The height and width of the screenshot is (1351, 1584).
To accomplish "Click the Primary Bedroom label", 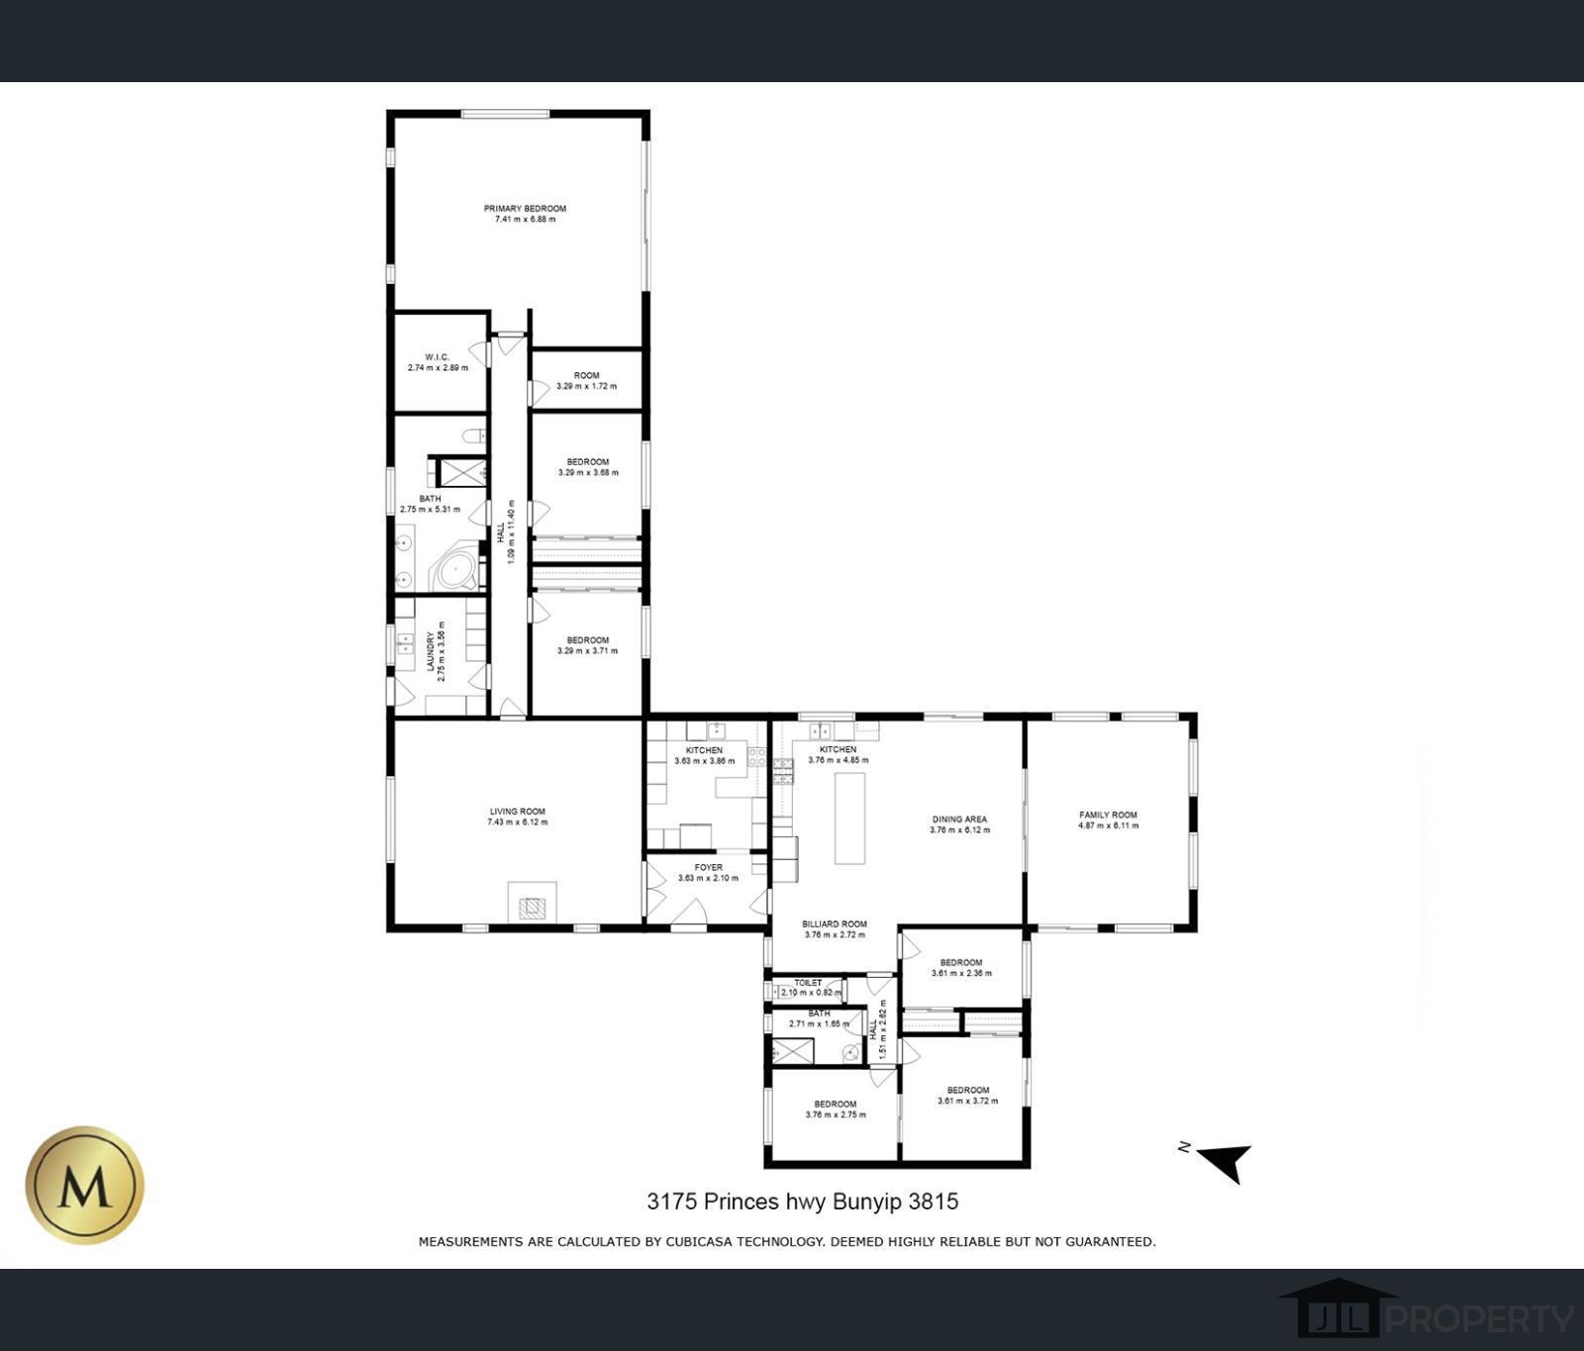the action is coord(525,209).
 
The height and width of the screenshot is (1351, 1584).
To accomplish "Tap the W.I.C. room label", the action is coord(438,357).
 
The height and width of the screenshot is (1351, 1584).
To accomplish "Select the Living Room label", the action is coord(517,812).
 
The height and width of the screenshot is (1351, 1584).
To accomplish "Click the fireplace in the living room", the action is coord(533,903).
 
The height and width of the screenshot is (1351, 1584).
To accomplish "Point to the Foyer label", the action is coord(708,868).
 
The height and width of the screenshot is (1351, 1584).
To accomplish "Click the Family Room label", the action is coord(1108,816).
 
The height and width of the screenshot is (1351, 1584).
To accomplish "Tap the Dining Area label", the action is coord(959,820).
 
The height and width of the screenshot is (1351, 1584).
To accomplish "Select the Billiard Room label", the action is coord(835,924).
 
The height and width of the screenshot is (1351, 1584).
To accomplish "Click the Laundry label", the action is coord(431,652).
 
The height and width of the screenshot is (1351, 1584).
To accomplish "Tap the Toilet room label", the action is coord(808,983).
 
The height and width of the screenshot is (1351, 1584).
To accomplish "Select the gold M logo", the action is coord(85,1185).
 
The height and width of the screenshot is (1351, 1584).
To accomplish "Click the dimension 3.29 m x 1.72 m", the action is coord(586,386).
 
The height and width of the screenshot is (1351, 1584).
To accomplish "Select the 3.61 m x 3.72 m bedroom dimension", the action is coord(967,1101).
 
